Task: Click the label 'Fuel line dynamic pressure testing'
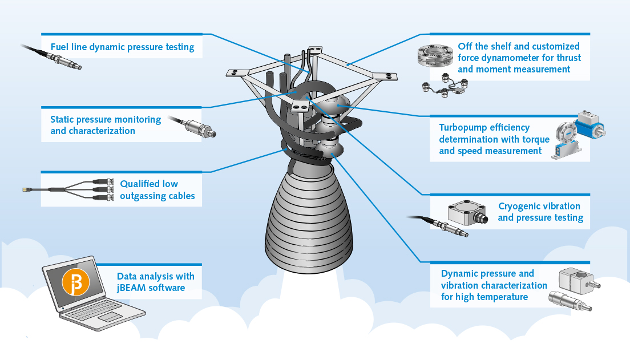[122, 47]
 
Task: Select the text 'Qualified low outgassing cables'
[157, 190]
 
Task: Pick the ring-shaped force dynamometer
[434, 57]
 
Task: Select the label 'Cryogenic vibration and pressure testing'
[539, 212]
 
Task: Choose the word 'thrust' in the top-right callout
[568, 58]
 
